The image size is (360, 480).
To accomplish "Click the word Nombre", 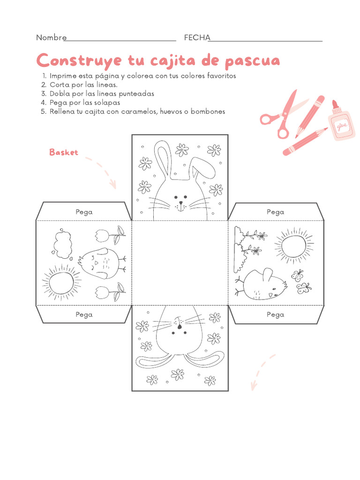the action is [x=51, y=37].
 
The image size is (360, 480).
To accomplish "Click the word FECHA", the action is [x=197, y=37].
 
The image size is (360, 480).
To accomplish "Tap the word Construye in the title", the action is [x=79, y=60].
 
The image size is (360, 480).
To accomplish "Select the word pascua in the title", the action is [x=253, y=61].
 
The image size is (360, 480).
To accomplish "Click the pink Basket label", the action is [x=64, y=152].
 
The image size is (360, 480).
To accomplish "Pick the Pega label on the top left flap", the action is [x=84, y=212].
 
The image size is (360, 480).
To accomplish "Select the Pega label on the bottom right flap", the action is [x=275, y=315].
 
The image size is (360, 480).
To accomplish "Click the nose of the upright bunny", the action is [x=180, y=202].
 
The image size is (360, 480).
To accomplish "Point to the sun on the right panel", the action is [x=294, y=246].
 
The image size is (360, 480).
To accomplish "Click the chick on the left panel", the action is [x=102, y=263].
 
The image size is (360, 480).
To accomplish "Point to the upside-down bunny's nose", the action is [x=180, y=327].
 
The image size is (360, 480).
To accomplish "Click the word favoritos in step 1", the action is [x=222, y=75].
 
